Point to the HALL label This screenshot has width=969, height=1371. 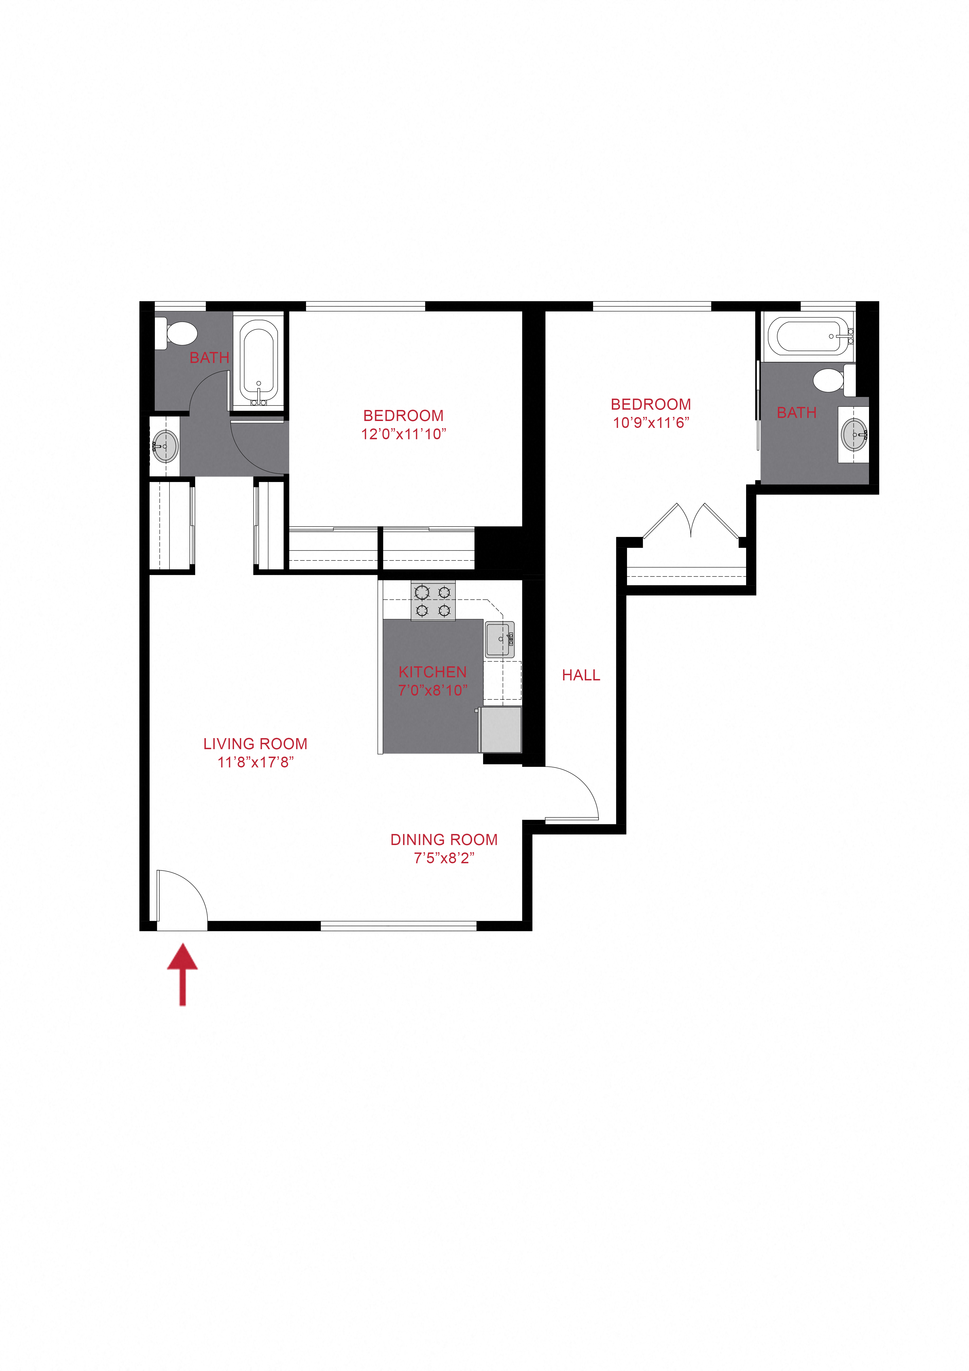581,675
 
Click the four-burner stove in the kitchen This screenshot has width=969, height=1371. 433,601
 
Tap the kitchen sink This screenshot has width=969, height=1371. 500,640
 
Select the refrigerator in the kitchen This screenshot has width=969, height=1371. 501,730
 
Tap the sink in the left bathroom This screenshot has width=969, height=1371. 165,446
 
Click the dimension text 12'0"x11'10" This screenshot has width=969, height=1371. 404,434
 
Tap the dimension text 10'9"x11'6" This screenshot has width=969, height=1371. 651,423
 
